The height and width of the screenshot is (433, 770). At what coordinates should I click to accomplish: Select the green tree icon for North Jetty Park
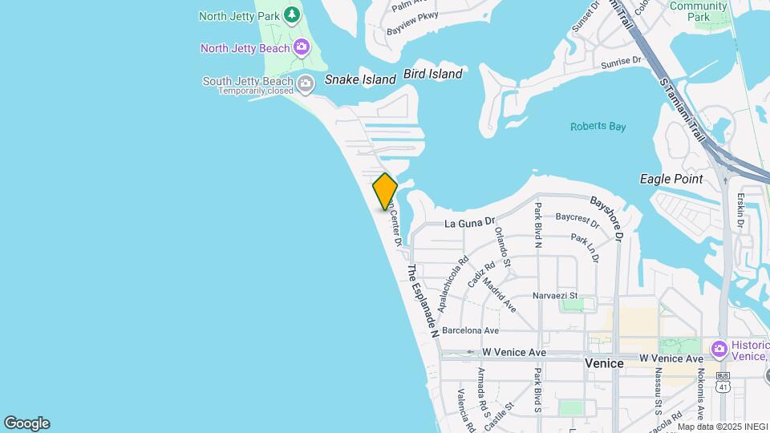(x=292, y=14)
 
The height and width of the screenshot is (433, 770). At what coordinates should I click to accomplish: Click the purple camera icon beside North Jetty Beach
(x=302, y=48)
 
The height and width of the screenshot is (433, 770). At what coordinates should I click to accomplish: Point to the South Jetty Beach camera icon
(x=306, y=83)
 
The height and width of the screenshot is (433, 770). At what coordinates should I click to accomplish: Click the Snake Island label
(x=360, y=79)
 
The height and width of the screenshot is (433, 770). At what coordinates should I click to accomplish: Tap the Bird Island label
(x=433, y=74)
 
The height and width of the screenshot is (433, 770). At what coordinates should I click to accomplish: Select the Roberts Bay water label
(x=598, y=127)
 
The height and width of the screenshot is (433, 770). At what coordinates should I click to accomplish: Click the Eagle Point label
(x=671, y=179)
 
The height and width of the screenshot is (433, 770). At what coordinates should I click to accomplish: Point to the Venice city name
(x=604, y=363)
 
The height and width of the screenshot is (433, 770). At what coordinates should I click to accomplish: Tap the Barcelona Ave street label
(x=470, y=330)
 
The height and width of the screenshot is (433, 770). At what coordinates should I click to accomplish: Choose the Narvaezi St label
(x=556, y=296)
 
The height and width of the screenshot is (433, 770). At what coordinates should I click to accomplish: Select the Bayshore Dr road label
(x=607, y=218)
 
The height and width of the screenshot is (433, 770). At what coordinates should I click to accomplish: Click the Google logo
(x=26, y=423)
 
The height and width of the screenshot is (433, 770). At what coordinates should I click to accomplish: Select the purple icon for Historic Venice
(x=719, y=349)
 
